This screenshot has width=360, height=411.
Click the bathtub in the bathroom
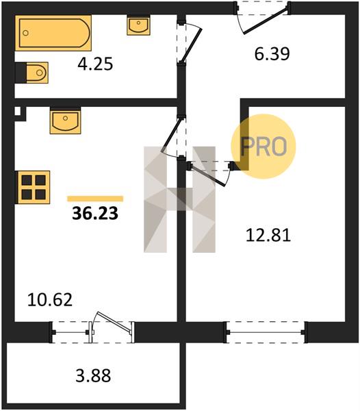[x=53, y=33]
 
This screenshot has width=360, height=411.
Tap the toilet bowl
[x=32, y=73]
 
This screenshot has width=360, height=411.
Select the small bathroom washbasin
[x=138, y=25]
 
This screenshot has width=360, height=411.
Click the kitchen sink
[x=66, y=121]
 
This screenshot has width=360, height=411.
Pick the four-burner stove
[x=33, y=187]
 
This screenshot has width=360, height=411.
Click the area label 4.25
[x=95, y=64]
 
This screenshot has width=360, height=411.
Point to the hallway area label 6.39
[x=272, y=54]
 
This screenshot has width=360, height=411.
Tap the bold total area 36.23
[x=95, y=213]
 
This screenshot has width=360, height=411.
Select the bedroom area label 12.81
[x=268, y=236]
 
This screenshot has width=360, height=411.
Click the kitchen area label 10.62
[x=50, y=300]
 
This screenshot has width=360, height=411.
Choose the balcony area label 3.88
[x=93, y=375]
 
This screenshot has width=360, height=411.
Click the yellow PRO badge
[x=263, y=147]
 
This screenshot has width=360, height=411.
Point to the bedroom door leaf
[x=208, y=176]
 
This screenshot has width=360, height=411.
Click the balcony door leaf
[x=114, y=323]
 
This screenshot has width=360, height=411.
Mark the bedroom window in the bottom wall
[x=266, y=332]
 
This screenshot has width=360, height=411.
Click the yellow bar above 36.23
[x=95, y=199]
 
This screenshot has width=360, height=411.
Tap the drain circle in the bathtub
[x=25, y=33]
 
